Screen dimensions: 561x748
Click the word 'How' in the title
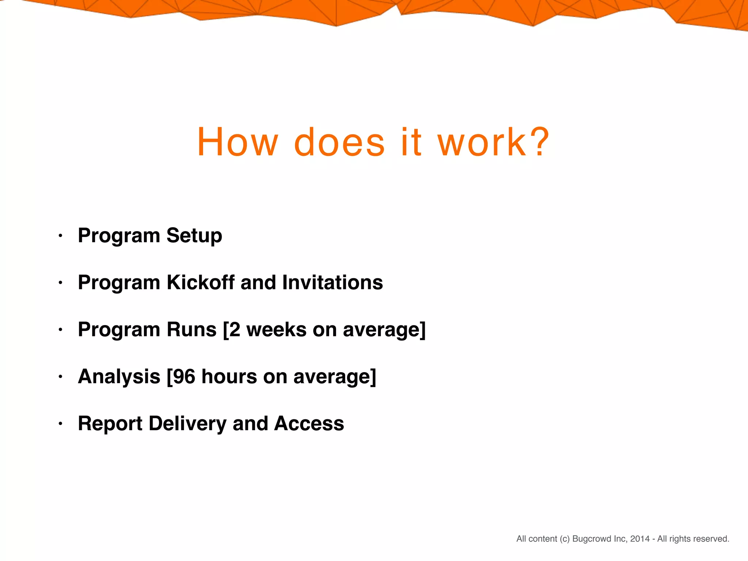coord(238,142)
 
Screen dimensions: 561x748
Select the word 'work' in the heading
coord(482,142)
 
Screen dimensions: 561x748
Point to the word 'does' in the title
coord(339,142)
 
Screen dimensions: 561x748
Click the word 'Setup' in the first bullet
coord(194,236)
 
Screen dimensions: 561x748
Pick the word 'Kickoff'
coord(201,282)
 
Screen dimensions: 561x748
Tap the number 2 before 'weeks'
coord(235,329)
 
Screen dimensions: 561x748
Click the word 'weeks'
coord(276,329)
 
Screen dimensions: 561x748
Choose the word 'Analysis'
coord(119,377)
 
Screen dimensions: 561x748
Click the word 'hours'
coord(229,377)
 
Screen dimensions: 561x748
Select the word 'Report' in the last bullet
coord(110,424)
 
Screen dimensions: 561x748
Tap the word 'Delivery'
coord(187,424)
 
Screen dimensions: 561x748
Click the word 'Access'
coord(309,424)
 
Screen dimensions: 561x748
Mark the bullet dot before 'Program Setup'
coord(61,236)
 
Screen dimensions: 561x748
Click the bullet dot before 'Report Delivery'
coord(61,424)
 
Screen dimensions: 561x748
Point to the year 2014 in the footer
coord(640,539)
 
